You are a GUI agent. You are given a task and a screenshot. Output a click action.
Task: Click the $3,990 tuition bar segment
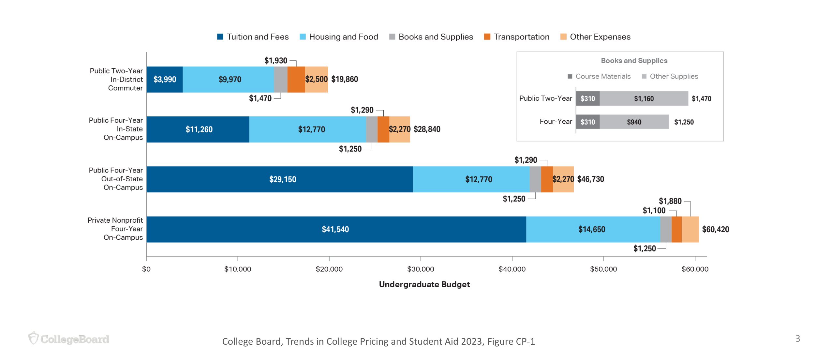tap(165, 80)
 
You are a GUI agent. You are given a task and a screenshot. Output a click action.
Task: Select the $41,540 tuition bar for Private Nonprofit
tap(336, 230)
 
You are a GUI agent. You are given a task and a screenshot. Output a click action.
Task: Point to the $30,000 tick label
tap(421, 269)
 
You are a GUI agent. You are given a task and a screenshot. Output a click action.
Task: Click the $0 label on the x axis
tap(146, 269)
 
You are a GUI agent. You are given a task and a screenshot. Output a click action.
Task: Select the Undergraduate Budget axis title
tap(424, 285)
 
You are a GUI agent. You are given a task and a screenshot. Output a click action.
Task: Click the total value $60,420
tap(716, 230)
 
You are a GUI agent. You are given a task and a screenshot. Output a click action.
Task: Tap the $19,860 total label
tap(345, 79)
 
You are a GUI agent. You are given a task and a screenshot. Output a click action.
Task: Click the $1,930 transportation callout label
tap(276, 61)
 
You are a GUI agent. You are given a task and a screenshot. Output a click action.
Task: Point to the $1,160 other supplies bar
tap(644, 99)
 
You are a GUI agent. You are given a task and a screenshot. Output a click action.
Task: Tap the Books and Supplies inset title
tap(634, 61)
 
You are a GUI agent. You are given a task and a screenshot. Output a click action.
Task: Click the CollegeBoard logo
tap(69, 339)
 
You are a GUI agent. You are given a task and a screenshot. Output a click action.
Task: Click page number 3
tap(797, 338)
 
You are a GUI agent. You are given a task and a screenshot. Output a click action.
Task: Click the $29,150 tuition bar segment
tap(283, 180)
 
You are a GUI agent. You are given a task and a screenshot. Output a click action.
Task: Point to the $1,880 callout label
tap(670, 201)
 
